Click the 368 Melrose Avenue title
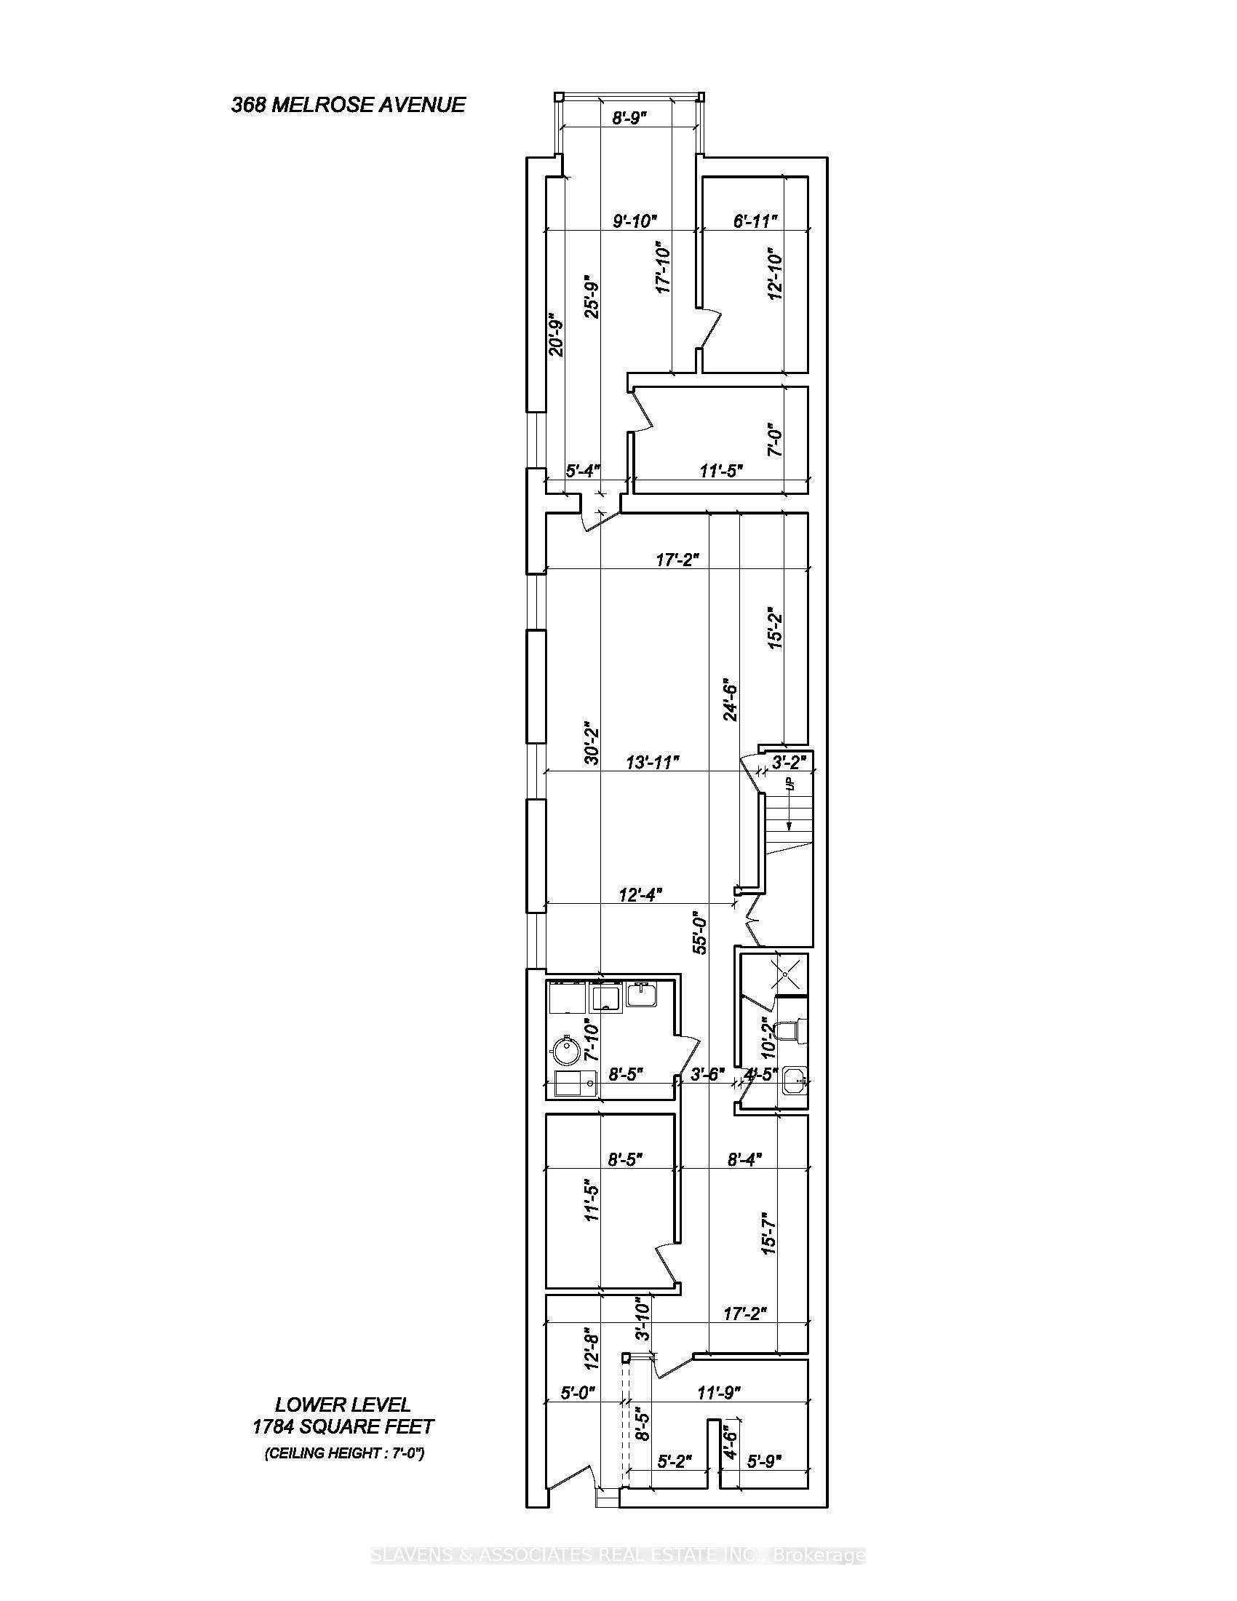coord(348,105)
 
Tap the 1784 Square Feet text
coord(343,1426)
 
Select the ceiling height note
coord(344,1453)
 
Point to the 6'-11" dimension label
coord(755,221)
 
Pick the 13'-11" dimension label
coord(652,763)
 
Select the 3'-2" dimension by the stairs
coord(789,761)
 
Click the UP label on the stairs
coord(789,784)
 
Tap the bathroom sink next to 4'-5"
coord(794,1079)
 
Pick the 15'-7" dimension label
coord(768,1233)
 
